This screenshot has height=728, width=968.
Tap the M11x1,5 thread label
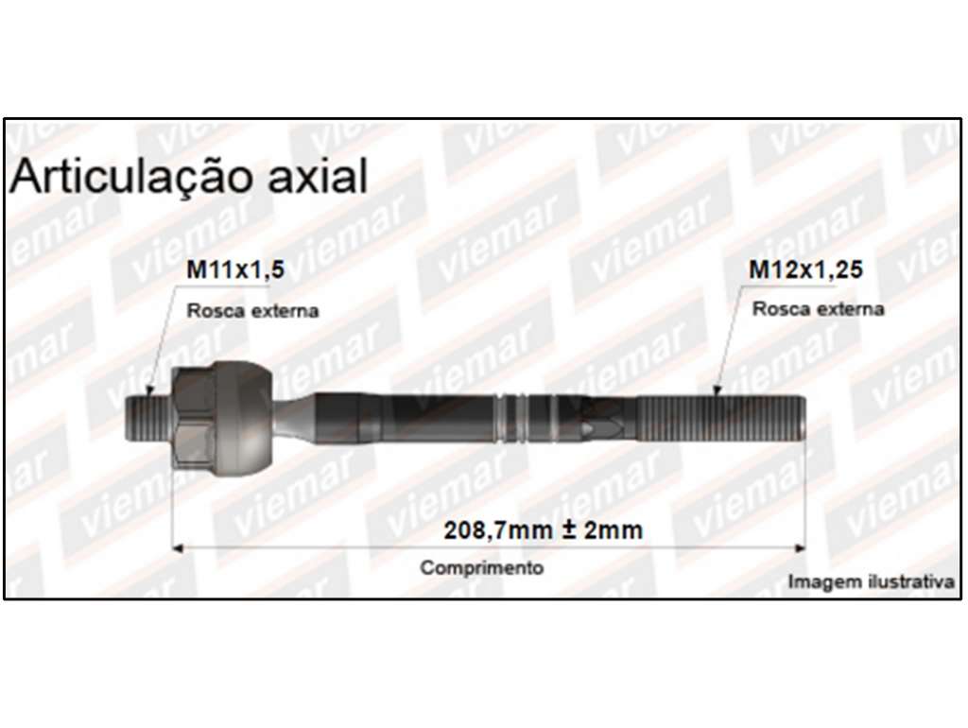[x=235, y=269]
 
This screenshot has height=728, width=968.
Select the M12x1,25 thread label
[x=805, y=269]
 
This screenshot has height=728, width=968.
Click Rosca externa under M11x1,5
[x=252, y=310]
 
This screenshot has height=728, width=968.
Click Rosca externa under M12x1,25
[x=818, y=308]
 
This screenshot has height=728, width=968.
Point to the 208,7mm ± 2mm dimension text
[x=544, y=529]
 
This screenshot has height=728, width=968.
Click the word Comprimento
[x=481, y=567]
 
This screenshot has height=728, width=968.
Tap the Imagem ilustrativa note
[x=871, y=581]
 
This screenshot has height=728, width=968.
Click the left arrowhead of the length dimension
[x=177, y=547]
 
